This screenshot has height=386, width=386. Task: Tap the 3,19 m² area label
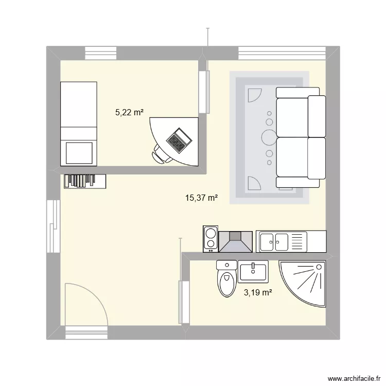point(257,292)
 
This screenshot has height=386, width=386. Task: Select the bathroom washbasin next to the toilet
point(253,271)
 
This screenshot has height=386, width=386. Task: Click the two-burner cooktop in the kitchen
point(210,239)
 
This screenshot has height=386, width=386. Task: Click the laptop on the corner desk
point(179,139)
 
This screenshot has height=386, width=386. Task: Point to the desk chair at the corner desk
point(163,154)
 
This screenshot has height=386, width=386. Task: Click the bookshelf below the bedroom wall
point(85,181)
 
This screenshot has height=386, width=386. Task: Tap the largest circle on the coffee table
point(269,137)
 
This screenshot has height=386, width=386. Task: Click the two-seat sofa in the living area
point(301,137)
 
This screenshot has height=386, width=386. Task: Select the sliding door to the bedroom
point(205,91)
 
